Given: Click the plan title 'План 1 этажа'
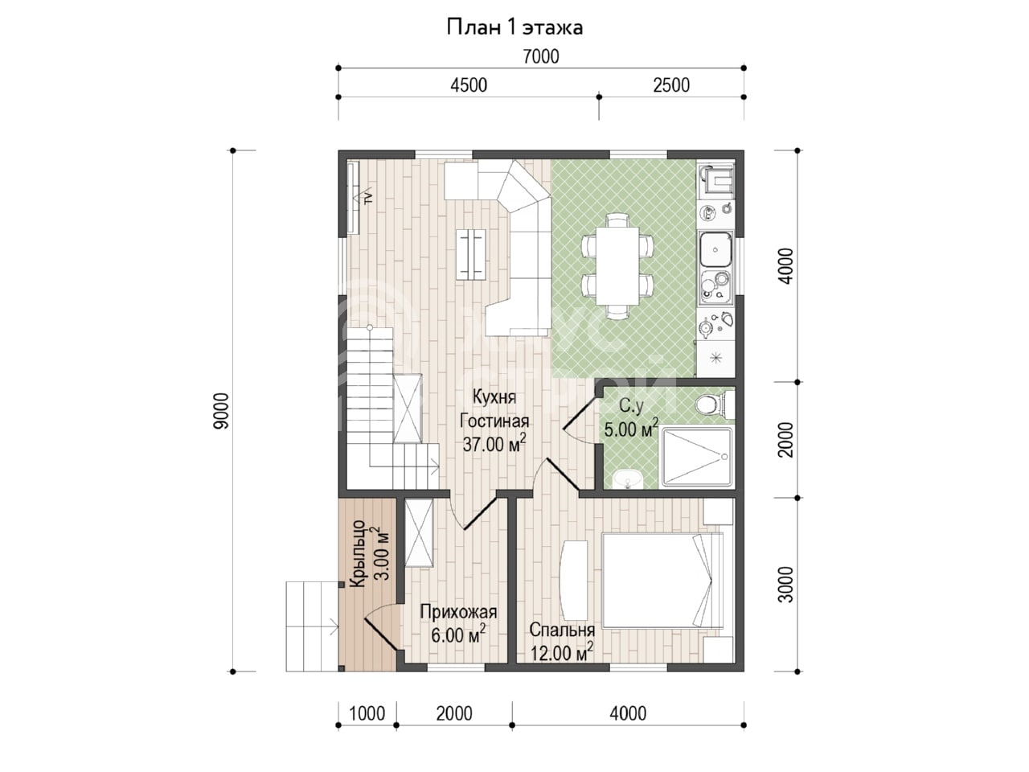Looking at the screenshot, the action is [x=514, y=27].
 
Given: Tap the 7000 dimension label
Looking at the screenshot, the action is [x=540, y=57].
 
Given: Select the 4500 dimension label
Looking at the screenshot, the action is [x=469, y=85].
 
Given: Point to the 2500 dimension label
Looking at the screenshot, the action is [x=670, y=85].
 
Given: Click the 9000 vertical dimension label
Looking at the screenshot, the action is [x=221, y=411].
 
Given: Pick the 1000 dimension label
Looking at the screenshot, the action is [x=367, y=713].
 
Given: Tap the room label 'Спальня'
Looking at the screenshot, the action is [x=562, y=630].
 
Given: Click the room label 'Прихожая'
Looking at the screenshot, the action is [x=458, y=612].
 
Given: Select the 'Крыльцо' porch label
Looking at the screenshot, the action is [x=359, y=553].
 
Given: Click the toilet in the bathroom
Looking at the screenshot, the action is [x=715, y=404].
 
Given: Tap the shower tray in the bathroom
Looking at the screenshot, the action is [x=697, y=456].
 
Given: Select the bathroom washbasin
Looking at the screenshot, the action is [x=627, y=479].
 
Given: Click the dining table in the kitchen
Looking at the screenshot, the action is [x=617, y=265].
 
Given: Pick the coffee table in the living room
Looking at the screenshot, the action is [x=471, y=254].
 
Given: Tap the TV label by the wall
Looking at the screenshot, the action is [x=368, y=197].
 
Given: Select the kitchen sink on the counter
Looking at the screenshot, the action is [x=715, y=249].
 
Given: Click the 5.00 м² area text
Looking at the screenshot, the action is [x=631, y=428].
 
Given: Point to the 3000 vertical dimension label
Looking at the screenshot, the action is [x=785, y=584].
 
